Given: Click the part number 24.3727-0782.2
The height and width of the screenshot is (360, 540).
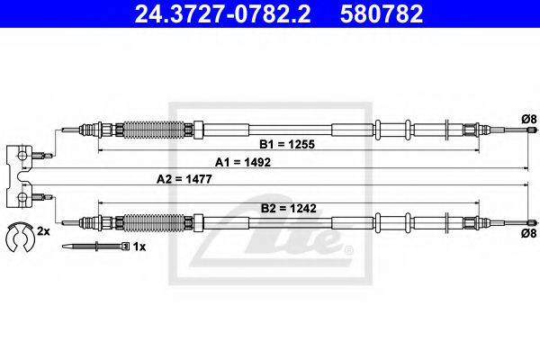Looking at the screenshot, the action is point(222,13).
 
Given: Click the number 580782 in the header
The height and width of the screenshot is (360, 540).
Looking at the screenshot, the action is point(382,13).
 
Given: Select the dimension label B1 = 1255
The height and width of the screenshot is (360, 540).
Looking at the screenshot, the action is point(287,144).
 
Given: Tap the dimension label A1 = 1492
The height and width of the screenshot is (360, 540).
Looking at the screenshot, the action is point(243,162).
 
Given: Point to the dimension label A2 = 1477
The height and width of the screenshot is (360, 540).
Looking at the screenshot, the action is point(184,179).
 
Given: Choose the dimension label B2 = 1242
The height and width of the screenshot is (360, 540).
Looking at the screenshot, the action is point(289,209).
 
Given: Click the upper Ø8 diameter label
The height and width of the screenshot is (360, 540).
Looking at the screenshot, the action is point(528,119).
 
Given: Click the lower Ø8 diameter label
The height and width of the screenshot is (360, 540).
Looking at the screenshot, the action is point(528,233).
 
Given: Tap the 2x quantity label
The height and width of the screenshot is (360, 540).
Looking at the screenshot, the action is point(43,231).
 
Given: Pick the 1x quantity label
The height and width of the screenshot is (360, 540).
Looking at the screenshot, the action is point(139,247).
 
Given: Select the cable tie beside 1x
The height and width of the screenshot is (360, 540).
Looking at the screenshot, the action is point(95,247).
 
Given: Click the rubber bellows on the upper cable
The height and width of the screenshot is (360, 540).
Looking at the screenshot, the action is point(154,130).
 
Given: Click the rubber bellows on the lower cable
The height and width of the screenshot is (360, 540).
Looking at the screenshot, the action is point(154,222).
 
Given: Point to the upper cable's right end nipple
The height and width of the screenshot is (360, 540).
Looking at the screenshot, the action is point(532,130).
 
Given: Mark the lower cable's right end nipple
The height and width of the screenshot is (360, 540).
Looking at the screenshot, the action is point(532,222).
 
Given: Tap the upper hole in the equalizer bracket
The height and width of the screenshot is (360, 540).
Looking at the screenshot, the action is point(22,156).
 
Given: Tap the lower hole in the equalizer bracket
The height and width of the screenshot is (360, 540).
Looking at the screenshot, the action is point(22,197).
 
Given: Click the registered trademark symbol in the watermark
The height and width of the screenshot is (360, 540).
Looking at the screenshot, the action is point(348,249).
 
